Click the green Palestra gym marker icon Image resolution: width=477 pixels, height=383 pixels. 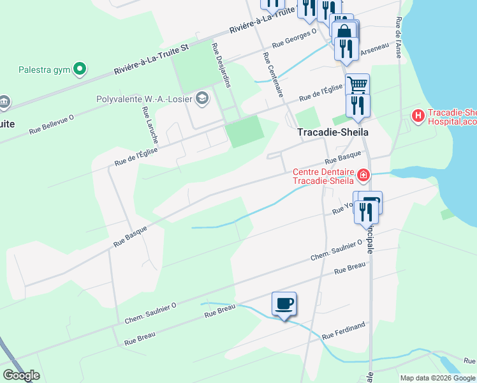[80, 68]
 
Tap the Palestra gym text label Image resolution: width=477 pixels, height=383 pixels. [44, 69]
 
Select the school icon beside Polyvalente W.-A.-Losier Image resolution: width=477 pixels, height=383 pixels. [202, 98]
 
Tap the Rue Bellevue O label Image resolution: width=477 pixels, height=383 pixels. [52, 124]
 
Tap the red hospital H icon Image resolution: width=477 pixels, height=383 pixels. [418, 116]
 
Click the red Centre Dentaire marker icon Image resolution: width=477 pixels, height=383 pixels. [363, 175]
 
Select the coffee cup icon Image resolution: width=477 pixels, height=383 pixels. [284, 303]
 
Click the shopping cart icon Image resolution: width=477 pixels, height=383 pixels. [358, 84]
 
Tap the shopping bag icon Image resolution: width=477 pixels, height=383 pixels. [344, 32]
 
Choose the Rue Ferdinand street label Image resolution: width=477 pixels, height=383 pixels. [344, 331]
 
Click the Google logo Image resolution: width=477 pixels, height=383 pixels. [21, 375]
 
